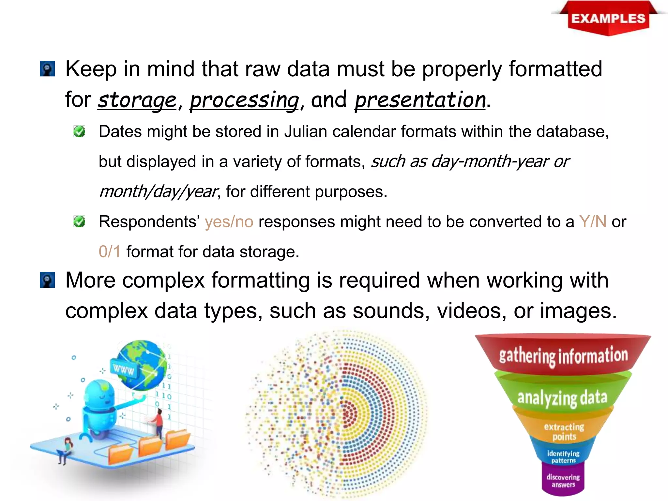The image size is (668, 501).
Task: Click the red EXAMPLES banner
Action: pos(608,19)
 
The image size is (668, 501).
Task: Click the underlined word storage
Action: pos(137,100)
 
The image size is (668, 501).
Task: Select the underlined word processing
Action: pos(244,100)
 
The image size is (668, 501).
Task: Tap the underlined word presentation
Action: pos(420,100)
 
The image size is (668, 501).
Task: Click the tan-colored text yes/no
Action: pos(229,222)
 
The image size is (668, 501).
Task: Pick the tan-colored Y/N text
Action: pos(593,222)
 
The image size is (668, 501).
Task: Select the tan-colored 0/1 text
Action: pos(110,252)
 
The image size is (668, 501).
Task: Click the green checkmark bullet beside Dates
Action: pos(79,131)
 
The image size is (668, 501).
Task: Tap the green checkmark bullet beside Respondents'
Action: pos(79,221)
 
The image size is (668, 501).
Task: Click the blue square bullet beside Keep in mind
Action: pos(48,69)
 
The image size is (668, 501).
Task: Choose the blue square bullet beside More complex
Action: pos(48,280)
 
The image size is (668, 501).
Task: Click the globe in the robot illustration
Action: pos(144,364)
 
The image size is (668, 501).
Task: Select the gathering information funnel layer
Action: pos(563,355)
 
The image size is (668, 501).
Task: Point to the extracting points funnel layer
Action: pos(564,432)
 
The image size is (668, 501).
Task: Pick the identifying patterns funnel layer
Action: pos(563,457)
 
